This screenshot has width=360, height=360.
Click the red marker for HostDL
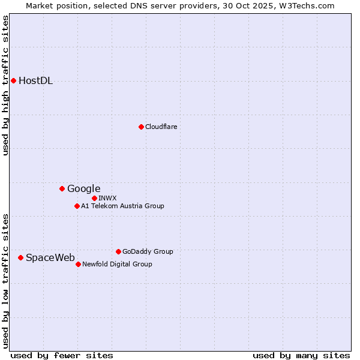coord(13,80)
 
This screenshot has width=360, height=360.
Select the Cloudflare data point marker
coord(141,127)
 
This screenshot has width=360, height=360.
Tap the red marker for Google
coord(62,188)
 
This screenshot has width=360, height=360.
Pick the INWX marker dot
coord(94,198)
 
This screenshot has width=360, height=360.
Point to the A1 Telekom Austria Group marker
coord(77,206)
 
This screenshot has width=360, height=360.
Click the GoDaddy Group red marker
coord(118,251)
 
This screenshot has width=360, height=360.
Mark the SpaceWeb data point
coord(20,257)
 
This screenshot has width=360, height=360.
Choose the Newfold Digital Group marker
coord(78,264)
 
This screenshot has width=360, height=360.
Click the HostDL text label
coord(35,81)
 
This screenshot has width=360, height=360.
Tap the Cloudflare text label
coord(161,127)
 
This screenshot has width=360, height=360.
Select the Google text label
coord(83,189)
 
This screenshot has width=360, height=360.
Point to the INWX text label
coord(107,198)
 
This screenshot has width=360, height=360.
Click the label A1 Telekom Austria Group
coord(122,206)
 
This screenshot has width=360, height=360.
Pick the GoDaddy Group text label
coord(148,251)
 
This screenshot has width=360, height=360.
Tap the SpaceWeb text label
coord(50,258)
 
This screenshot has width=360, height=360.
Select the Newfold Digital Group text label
coord(117,264)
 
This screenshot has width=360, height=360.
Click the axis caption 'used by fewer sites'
coord(62,355)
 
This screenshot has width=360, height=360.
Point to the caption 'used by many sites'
coord(301,355)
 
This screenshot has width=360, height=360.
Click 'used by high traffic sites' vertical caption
coord(6,85)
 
